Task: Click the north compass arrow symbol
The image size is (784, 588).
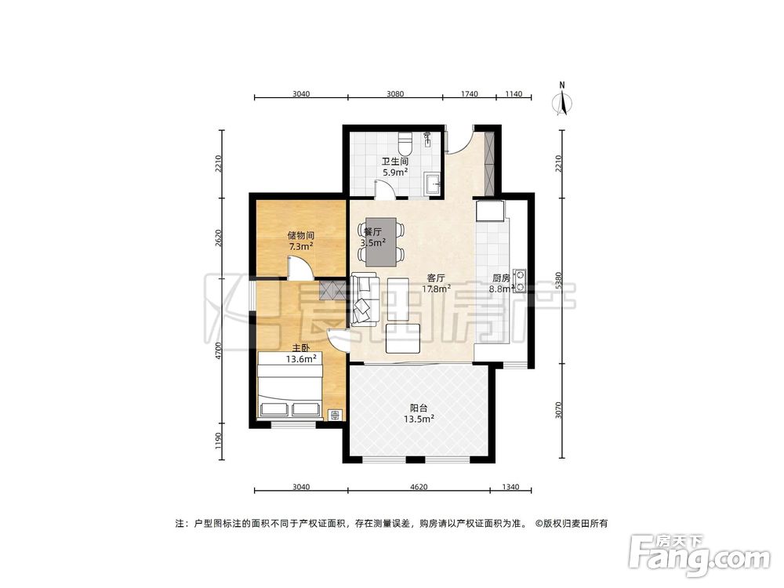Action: (562, 100)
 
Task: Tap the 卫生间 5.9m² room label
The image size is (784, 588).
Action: (394, 167)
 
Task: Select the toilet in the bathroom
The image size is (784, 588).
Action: (405, 144)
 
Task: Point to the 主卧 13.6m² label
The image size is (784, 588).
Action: (301, 354)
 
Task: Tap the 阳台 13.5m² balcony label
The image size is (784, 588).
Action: (421, 413)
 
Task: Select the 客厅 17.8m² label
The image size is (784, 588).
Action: (435, 283)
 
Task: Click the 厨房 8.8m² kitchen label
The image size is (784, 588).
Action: (502, 283)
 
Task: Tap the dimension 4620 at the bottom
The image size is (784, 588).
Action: (419, 488)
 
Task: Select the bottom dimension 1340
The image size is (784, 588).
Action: (510, 488)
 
